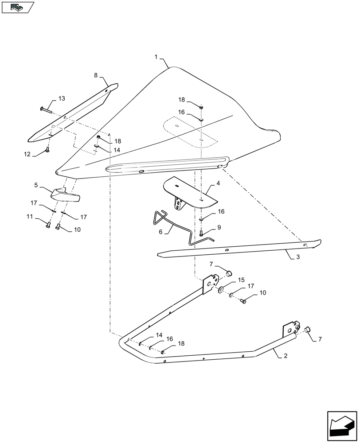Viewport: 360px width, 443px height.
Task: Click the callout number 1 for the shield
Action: (156, 57)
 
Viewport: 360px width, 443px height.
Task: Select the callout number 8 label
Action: (95, 75)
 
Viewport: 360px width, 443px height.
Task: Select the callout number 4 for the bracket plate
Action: (218, 183)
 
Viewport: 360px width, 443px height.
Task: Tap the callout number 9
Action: (218, 227)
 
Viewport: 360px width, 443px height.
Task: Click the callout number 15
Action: (241, 280)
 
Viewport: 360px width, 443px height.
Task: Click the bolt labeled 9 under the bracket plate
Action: (201, 232)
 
